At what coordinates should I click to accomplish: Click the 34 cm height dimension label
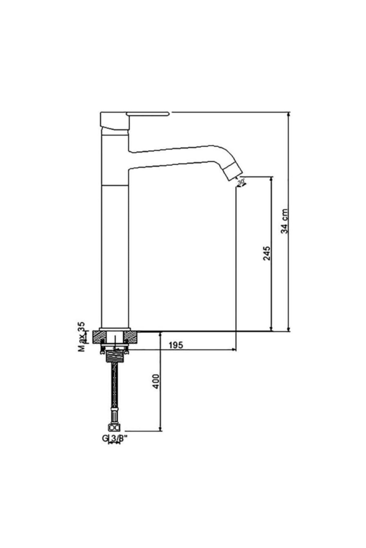285,221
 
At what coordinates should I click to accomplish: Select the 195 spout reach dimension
176,345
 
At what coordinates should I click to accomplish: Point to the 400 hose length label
156,381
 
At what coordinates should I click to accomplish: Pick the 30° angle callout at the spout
242,182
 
